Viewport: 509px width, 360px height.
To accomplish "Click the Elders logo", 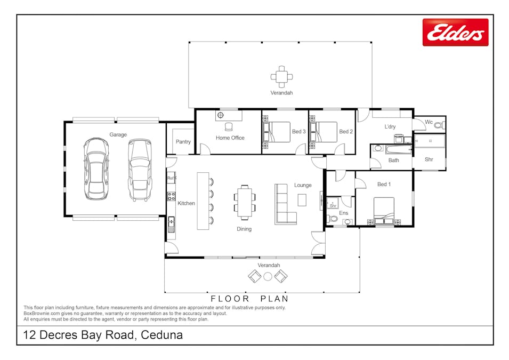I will (x=455, y=33).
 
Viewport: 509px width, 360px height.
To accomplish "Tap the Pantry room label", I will (x=183, y=142).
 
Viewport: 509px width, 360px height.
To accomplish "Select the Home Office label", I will (x=230, y=138).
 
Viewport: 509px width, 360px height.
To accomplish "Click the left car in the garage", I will (x=96, y=169).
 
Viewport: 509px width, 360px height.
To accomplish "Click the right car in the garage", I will (x=139, y=170).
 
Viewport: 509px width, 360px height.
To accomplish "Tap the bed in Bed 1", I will (x=384, y=210).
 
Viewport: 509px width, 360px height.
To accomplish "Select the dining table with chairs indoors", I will (x=244, y=202).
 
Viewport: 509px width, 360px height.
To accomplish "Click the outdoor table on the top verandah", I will (x=281, y=76).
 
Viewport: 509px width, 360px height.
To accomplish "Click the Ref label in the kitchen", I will (x=171, y=178).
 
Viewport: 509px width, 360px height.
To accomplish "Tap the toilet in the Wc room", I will (x=439, y=125).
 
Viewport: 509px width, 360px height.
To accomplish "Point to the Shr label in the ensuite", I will (x=333, y=205).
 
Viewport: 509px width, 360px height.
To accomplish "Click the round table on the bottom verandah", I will (x=268, y=276).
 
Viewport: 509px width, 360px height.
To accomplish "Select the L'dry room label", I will (x=390, y=126).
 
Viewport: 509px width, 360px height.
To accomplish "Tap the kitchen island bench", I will (x=203, y=201).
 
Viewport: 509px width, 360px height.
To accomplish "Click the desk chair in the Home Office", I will (x=229, y=126).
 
